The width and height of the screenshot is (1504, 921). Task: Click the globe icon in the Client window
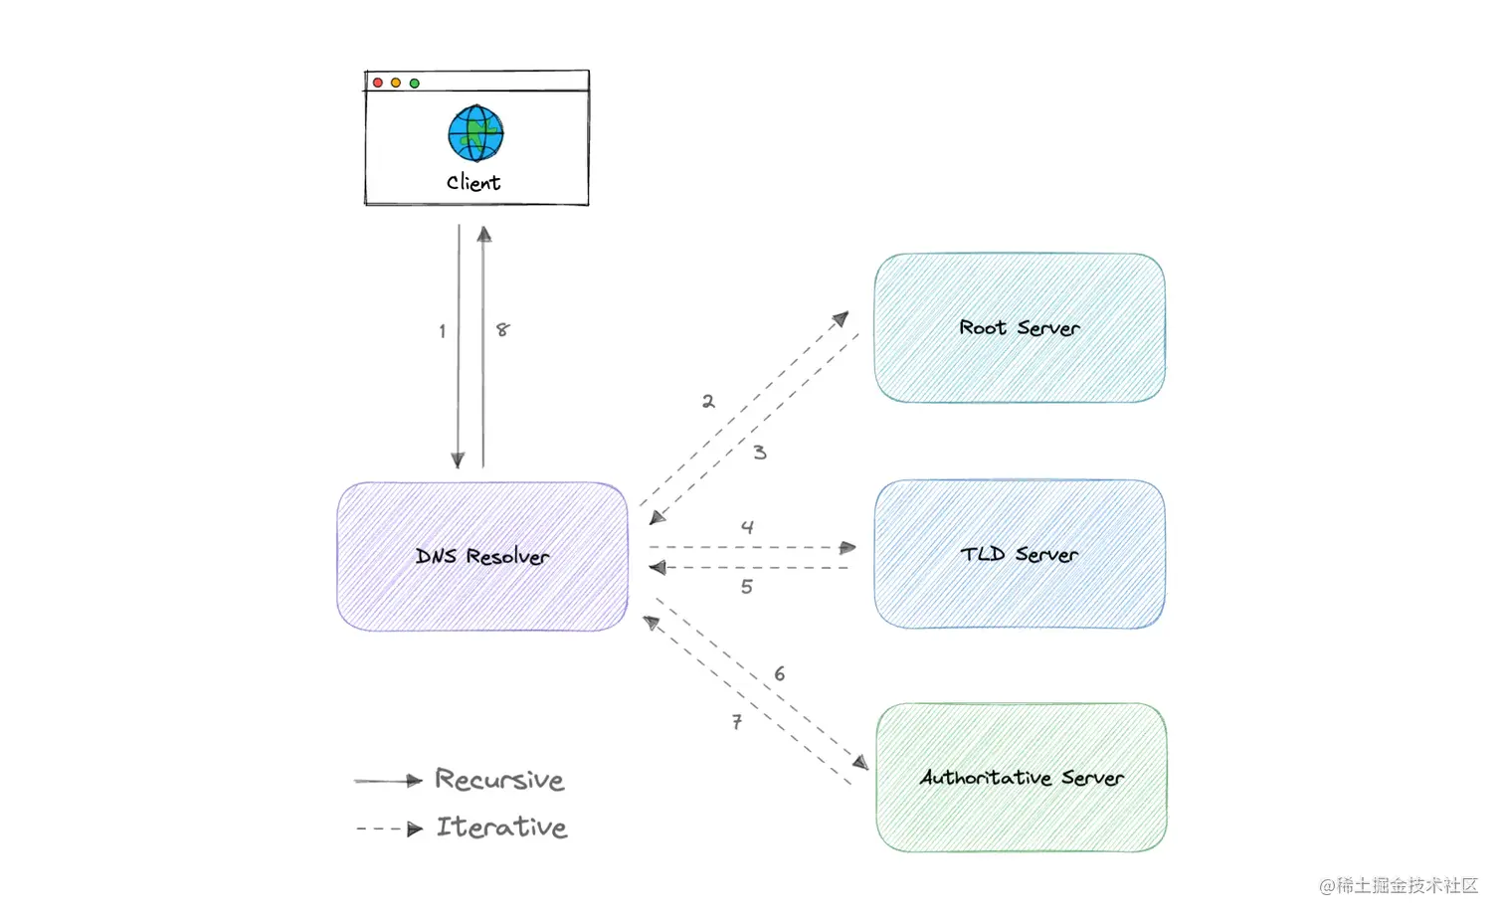pyautogui.click(x=475, y=133)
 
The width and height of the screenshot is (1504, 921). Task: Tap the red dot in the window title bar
pyautogui.click(x=378, y=83)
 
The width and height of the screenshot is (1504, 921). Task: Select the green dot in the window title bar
pyautogui.click(x=415, y=83)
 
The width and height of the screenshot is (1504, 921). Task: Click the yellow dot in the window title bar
pyautogui.click(x=396, y=83)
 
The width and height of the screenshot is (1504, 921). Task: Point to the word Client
pyautogui.click(x=473, y=182)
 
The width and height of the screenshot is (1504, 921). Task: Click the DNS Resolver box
pyautogui.click(x=482, y=556)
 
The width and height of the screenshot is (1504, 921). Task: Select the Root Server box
pyautogui.click(x=1020, y=327)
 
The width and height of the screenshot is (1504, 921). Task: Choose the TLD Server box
pyautogui.click(x=1020, y=554)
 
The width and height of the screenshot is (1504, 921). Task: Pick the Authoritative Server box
pyautogui.click(x=1022, y=777)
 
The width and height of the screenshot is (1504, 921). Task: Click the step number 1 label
pyautogui.click(x=443, y=331)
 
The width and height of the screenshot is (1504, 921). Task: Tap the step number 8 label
pyautogui.click(x=502, y=329)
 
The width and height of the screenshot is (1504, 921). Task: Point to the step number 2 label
pyautogui.click(x=708, y=401)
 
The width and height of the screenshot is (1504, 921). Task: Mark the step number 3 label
pyautogui.click(x=760, y=453)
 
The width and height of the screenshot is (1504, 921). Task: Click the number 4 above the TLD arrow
pyautogui.click(x=747, y=527)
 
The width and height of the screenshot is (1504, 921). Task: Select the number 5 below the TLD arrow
pyautogui.click(x=747, y=587)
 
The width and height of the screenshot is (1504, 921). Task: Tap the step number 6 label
pyautogui.click(x=780, y=674)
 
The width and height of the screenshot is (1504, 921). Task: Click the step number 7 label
pyautogui.click(x=737, y=722)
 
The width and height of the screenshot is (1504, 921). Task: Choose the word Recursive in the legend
pyautogui.click(x=499, y=780)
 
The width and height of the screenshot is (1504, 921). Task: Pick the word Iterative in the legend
pyautogui.click(x=501, y=827)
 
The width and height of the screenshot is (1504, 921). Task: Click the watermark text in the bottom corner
pyautogui.click(x=1399, y=885)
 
